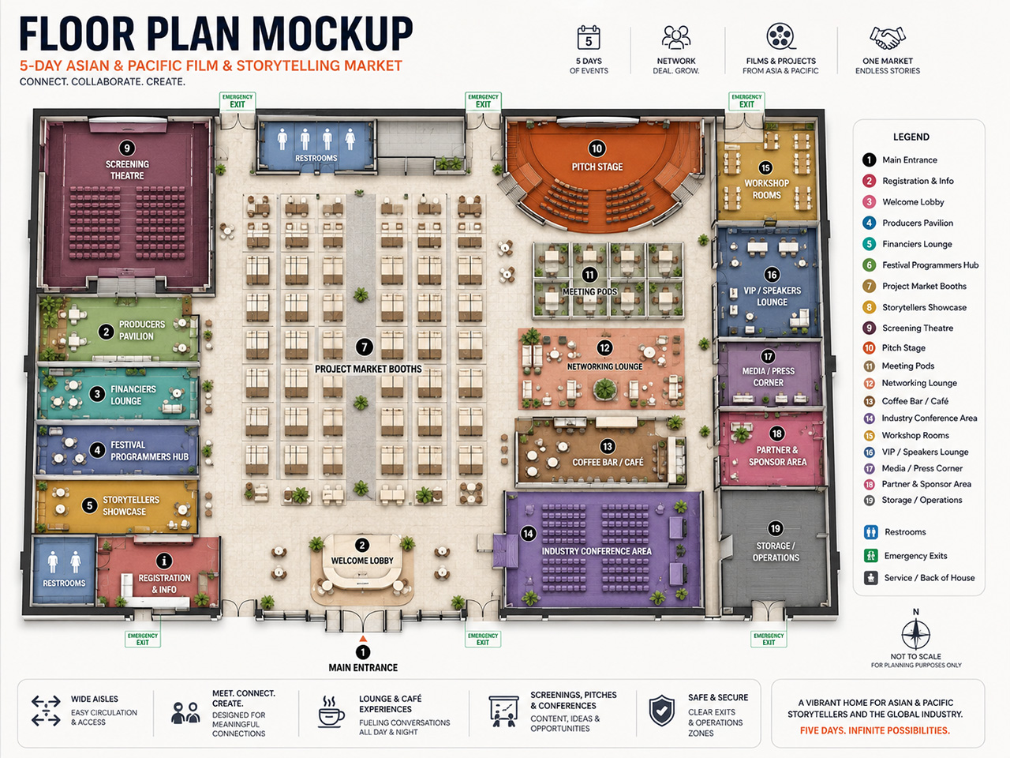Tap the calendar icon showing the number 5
click(x=589, y=37)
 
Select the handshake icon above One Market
click(x=888, y=38)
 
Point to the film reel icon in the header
click(x=781, y=36)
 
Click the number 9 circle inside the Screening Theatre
click(x=127, y=148)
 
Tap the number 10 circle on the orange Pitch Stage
click(x=597, y=148)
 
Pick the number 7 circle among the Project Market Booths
click(x=365, y=347)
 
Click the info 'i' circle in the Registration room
click(x=164, y=561)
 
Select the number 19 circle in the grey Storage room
click(x=776, y=528)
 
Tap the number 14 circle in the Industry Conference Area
click(x=528, y=534)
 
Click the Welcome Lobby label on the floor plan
click(x=362, y=561)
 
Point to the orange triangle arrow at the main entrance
click(x=363, y=638)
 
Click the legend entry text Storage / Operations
click(x=922, y=500)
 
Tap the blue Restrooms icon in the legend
click(x=870, y=532)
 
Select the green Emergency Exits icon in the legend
click(x=870, y=556)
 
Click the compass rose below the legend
click(x=915, y=634)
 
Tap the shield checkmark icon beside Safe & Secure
click(x=662, y=711)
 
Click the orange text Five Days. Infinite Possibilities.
click(x=875, y=730)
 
